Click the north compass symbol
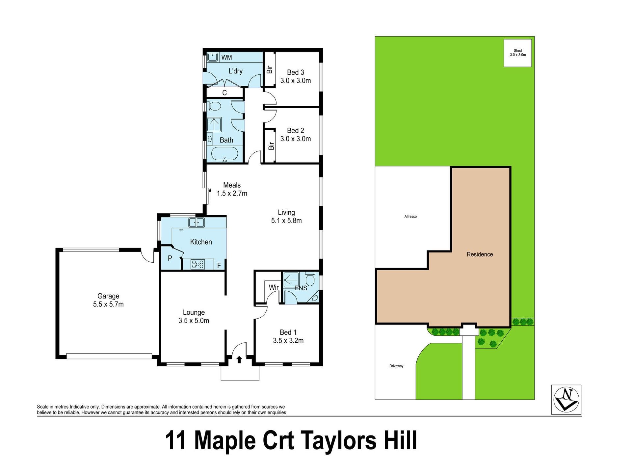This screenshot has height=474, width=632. click(566, 400)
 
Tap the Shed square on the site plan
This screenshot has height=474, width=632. click(518, 53)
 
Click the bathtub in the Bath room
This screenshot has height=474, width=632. click(224, 154)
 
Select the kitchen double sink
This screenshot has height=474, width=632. click(197, 223)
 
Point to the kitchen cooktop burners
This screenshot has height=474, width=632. click(198, 264)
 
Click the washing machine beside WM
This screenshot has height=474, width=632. click(213, 57)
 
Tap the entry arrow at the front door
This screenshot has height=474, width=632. click(239, 359)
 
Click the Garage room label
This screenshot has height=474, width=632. click(108, 296)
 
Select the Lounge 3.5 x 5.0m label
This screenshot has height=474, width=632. click(194, 316)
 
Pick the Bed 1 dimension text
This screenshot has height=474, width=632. click(288, 341)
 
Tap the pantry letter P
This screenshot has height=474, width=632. click(170, 258)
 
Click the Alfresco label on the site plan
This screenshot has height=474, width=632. click(410, 217)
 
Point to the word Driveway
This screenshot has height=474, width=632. click(396, 366)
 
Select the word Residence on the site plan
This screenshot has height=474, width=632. click(480, 254)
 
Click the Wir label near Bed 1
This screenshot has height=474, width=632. click(274, 287)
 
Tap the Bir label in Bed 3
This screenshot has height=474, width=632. click(270, 69)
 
